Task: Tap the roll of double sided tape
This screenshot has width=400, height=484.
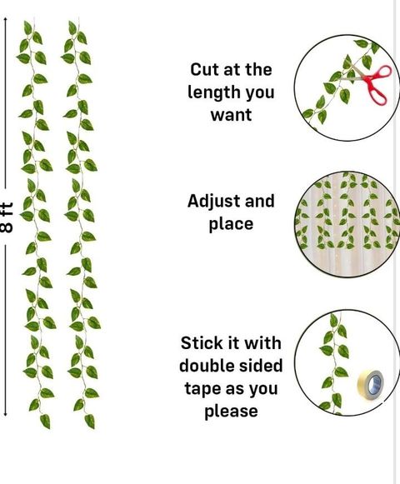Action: tap(371, 384)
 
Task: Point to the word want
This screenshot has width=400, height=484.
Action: tap(231, 115)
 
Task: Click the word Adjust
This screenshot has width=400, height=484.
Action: tap(214, 202)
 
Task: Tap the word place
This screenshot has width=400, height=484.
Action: tap(231, 225)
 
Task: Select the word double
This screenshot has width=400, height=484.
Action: tap(205, 366)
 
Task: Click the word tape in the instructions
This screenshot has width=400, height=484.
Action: tap(204, 389)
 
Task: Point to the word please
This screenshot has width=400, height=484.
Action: tap(231, 412)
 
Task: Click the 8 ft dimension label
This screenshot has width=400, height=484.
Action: tap(7, 217)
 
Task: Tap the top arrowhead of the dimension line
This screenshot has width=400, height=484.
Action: tap(5, 20)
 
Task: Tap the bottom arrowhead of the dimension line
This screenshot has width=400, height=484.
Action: tap(5, 414)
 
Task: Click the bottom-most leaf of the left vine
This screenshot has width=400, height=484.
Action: tap(45, 421)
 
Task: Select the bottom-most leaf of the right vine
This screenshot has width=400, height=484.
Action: tap(89, 421)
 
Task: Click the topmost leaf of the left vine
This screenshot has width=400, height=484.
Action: tap(27, 27)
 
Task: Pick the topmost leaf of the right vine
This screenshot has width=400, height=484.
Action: tap(72, 27)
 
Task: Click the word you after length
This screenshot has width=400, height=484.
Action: tap(260, 93)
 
